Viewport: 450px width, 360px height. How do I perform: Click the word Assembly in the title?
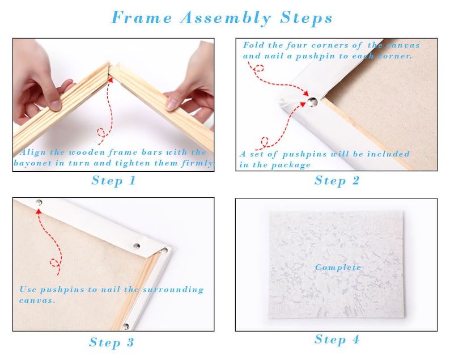coord(226,18)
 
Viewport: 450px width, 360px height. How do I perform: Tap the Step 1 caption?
coord(114,181)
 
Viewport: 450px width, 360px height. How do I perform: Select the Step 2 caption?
coord(337,181)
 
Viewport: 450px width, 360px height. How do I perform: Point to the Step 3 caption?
coord(112,342)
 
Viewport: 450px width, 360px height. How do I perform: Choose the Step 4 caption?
coord(337,340)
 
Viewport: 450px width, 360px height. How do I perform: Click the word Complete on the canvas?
coord(338,267)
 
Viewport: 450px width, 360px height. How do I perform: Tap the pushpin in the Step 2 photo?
coord(312,101)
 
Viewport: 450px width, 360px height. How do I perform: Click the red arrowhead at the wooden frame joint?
coord(110,79)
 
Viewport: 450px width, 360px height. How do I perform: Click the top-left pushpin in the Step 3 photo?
coord(39,202)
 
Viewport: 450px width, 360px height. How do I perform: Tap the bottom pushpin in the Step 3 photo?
coord(126,327)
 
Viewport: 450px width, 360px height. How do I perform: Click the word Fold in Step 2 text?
coord(253,45)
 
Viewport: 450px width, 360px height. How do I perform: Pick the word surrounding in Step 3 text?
coord(173,290)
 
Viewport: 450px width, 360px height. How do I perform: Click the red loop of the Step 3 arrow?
coord(55,262)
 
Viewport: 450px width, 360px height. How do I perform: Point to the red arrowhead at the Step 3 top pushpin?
coord(39,212)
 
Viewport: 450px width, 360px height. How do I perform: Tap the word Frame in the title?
coord(142,18)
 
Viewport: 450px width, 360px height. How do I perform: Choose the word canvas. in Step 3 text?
coord(37,300)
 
